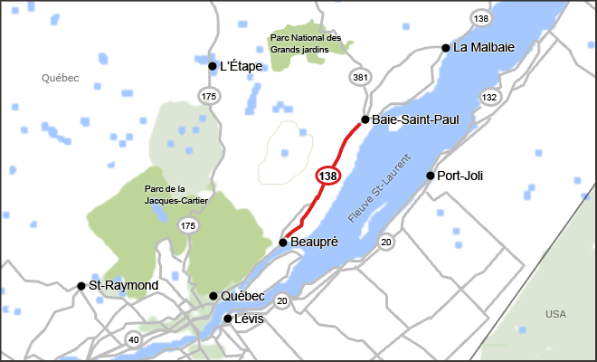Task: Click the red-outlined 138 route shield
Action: click(327, 175)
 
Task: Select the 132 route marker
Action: click(489, 97)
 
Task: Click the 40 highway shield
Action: click(134, 340)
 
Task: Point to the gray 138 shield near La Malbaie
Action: click(480, 18)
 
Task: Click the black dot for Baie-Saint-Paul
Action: click(365, 119)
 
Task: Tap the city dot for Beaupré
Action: click(283, 243)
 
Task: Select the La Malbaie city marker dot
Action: click(446, 48)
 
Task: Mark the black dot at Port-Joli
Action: click(430, 176)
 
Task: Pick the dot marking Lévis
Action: click(228, 319)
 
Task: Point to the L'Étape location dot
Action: click(213, 66)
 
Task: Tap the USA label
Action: click(555, 314)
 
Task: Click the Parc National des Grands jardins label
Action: click(306, 43)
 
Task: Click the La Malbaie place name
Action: click(484, 48)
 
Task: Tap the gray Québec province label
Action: click(61, 79)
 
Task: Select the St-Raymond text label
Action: click(124, 286)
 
